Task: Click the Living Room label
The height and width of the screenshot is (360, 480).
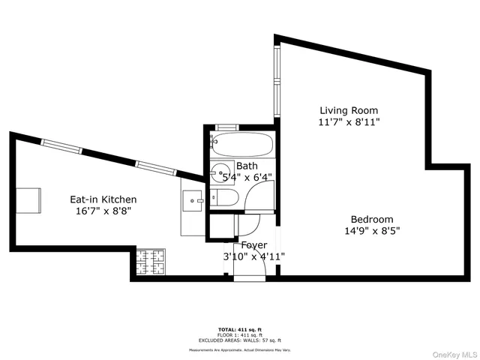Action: (x=349, y=110)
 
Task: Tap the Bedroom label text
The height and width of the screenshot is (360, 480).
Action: (x=372, y=219)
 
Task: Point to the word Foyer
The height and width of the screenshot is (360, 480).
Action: (x=253, y=245)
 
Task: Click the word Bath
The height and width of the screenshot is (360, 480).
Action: (x=247, y=166)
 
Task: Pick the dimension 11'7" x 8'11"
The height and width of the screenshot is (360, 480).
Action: (x=349, y=121)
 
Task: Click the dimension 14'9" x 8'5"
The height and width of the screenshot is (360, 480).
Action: (x=372, y=231)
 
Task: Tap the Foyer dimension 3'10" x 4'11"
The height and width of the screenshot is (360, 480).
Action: (x=253, y=256)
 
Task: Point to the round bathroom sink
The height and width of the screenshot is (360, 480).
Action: (x=220, y=172)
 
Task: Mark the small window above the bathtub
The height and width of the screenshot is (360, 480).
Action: (x=226, y=128)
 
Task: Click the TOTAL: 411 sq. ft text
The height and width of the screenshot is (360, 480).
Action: (x=239, y=329)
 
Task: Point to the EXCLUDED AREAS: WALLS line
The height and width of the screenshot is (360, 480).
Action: (x=239, y=340)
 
